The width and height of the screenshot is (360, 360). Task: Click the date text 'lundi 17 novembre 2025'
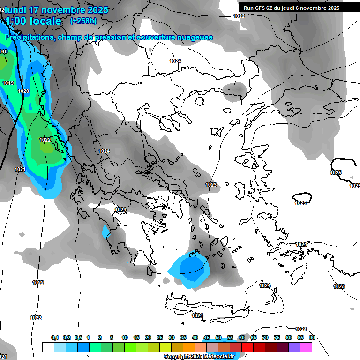(57, 10)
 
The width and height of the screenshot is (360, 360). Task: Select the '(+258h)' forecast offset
(83, 21)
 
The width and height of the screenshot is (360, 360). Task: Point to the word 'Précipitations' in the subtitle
(30, 37)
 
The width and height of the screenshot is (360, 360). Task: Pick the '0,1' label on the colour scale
(55, 338)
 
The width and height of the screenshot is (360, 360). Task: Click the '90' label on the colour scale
(312, 338)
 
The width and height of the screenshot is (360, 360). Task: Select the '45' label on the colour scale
(207, 338)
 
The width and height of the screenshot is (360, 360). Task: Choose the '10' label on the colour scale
(125, 338)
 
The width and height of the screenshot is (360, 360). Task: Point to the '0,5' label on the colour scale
(78, 338)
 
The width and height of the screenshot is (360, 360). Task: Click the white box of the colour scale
(48, 347)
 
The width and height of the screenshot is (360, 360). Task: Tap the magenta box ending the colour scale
(306, 347)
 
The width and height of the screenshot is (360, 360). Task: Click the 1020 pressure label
(23, 91)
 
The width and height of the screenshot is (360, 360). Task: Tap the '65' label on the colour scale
(254, 338)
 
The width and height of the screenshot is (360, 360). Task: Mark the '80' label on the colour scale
(289, 338)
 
